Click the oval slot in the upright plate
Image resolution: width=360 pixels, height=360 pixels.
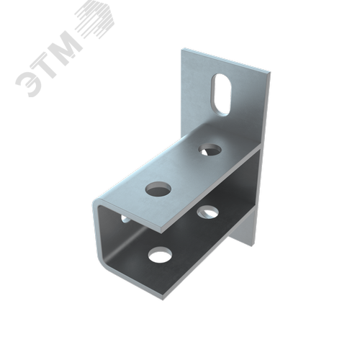(x=221, y=95)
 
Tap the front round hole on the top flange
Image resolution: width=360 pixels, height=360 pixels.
(x=158, y=188)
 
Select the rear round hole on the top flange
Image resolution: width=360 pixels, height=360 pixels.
(x=210, y=149)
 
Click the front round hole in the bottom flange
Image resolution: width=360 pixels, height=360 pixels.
(x=160, y=254)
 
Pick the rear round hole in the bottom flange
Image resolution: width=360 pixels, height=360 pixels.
(x=208, y=212)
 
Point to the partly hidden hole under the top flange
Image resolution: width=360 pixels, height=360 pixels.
(x=126, y=219)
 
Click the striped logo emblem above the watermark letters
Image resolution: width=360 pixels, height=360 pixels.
(x=95, y=19)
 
